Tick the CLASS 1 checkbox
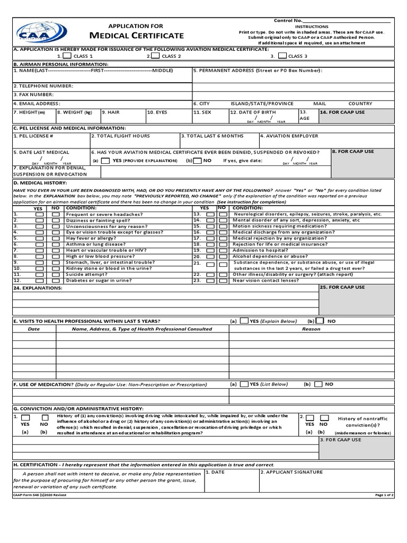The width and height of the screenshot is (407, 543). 67,56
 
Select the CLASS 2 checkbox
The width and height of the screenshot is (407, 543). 155,56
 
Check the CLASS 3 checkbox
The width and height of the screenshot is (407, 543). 282,56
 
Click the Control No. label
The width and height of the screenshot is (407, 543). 288,20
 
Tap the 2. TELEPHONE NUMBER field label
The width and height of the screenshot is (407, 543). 43,86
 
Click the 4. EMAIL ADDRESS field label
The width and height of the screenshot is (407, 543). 37,103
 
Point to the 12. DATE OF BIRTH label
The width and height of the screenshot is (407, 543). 253,112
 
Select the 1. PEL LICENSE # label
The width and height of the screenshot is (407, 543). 33,136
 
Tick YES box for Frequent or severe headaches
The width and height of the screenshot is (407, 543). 40,214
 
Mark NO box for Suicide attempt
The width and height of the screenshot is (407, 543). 56,275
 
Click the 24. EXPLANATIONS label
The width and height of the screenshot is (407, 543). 38,288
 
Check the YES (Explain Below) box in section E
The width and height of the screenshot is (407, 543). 244,321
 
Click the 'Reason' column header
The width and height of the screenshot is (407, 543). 311,329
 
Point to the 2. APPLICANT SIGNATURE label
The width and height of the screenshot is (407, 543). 291,471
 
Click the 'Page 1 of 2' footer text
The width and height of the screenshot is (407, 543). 384,495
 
